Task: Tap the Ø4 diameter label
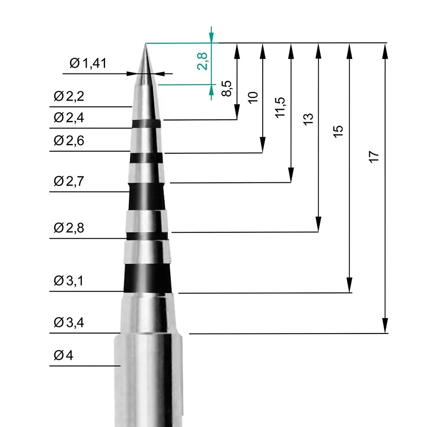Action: click(64, 355)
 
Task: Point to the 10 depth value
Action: click(253, 97)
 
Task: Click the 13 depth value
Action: click(308, 118)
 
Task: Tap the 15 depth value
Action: click(338, 131)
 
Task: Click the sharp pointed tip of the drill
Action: click(145, 44)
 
